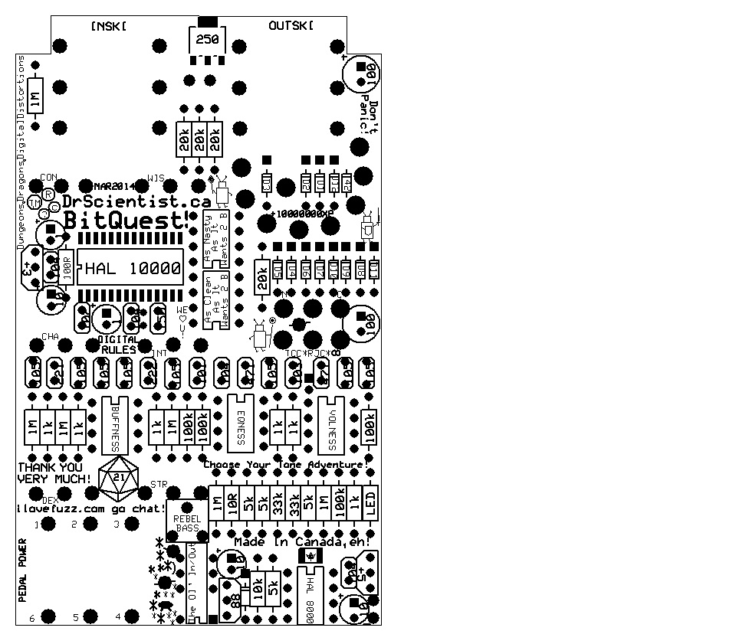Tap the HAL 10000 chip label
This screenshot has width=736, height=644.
(133, 269)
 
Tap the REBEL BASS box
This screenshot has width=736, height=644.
(186, 522)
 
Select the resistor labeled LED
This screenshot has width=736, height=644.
(370, 505)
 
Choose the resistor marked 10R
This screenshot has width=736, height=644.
(233, 505)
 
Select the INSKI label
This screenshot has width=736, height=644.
(108, 26)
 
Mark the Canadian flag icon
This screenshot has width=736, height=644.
(311, 557)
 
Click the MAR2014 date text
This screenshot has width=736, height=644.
(113, 185)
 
